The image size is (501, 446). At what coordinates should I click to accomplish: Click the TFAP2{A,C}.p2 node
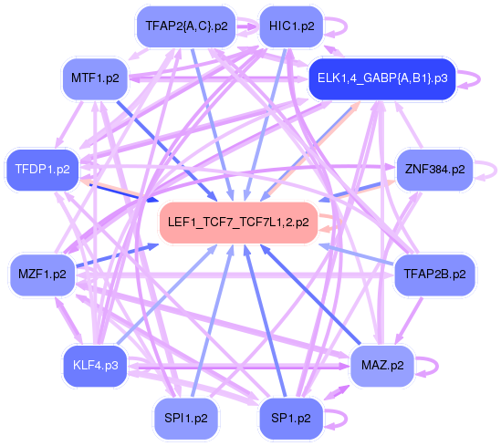(186, 26)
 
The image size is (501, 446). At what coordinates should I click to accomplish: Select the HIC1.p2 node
(291, 26)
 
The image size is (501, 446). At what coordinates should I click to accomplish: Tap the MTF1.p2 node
(95, 78)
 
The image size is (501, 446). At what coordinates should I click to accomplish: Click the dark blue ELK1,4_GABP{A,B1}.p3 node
(382, 78)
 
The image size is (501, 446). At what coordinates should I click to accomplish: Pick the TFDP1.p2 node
(42, 170)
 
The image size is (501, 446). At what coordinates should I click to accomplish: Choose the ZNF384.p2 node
(434, 170)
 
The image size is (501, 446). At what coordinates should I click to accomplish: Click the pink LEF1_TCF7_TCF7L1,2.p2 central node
(238, 223)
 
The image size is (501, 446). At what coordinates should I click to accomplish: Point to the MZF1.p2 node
(42, 275)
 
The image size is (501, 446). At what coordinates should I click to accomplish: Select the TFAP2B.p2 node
(434, 275)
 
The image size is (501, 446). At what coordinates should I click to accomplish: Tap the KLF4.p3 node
(95, 366)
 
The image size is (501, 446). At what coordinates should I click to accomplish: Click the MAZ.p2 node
(382, 366)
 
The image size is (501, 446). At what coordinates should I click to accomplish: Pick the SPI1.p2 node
(186, 419)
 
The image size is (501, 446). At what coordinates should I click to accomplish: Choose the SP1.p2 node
(291, 419)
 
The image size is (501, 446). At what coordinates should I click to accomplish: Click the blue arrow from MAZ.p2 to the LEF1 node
(310, 295)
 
